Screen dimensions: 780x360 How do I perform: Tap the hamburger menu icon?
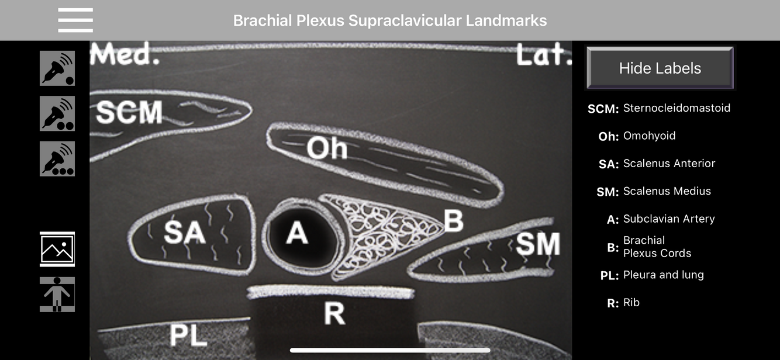[75, 20]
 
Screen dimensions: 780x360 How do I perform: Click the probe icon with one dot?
[57, 68]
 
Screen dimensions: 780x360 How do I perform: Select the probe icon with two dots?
[57, 113]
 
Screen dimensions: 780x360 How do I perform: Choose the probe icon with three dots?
[57, 158]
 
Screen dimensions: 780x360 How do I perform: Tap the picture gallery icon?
[57, 249]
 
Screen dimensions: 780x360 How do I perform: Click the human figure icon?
[57, 294]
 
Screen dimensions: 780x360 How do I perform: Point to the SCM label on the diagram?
[129, 112]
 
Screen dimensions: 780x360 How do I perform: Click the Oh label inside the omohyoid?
[327, 148]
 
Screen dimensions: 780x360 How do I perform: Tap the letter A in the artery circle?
[297, 234]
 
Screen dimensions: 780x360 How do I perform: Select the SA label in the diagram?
[185, 233]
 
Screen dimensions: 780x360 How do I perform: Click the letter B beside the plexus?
[453, 221]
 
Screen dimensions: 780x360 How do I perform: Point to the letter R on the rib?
[334, 314]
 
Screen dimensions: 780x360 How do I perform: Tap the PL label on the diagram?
[188, 335]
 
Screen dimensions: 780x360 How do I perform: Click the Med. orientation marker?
[125, 56]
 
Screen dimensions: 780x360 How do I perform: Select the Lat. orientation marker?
[543, 56]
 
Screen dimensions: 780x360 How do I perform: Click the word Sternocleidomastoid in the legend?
[677, 108]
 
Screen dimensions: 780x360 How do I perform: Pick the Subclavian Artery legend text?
[669, 219]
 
